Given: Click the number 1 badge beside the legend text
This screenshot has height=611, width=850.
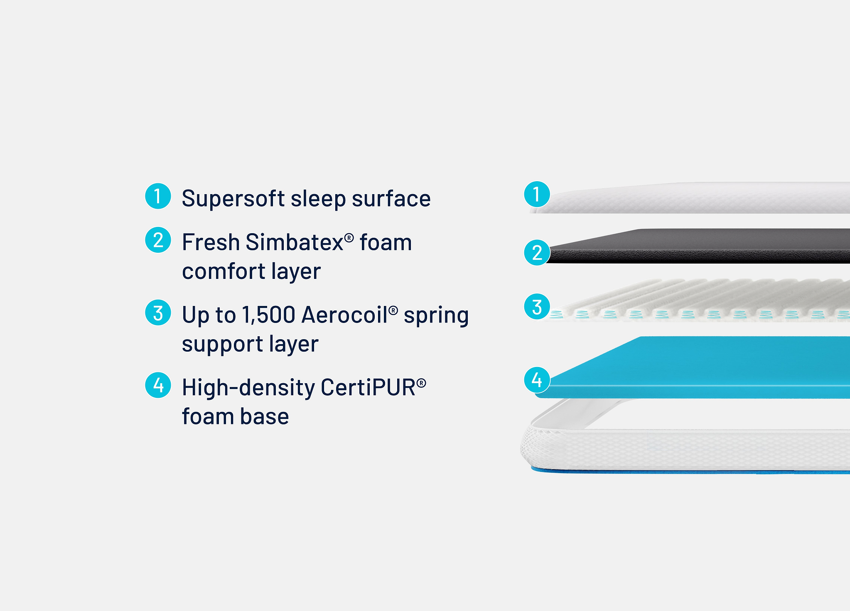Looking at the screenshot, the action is (x=158, y=196).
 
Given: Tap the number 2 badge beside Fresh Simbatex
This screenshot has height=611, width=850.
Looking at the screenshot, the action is (x=158, y=240).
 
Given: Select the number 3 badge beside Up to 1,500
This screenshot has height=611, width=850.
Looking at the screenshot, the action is (x=158, y=313).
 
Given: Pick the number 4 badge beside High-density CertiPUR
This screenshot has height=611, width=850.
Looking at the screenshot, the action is (x=158, y=385).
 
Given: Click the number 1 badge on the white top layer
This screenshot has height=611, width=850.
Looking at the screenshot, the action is (x=537, y=194).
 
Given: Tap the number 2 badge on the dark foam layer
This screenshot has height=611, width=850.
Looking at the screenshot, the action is (x=537, y=253).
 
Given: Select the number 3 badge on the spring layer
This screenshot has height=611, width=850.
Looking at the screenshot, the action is (x=537, y=307).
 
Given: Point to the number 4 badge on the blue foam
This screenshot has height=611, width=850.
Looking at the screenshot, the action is (x=537, y=380).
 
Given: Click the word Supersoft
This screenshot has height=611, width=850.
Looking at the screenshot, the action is (x=233, y=199).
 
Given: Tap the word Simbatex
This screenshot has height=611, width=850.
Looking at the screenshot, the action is (x=295, y=242).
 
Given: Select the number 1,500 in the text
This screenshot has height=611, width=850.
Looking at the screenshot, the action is (x=268, y=315).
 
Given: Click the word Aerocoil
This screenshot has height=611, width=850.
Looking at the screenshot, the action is (x=345, y=315).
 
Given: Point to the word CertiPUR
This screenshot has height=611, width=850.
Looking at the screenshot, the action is (x=368, y=387).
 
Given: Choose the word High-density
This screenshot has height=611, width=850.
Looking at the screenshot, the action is (x=248, y=388).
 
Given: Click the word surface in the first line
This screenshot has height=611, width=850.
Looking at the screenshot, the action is (x=391, y=199).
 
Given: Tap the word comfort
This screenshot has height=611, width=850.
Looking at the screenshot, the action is (x=224, y=271).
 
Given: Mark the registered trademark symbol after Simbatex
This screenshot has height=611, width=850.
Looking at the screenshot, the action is (x=349, y=238).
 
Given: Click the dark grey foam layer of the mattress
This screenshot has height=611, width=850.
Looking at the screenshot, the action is (x=698, y=246).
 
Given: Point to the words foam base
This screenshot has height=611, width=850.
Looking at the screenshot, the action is (x=235, y=416).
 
